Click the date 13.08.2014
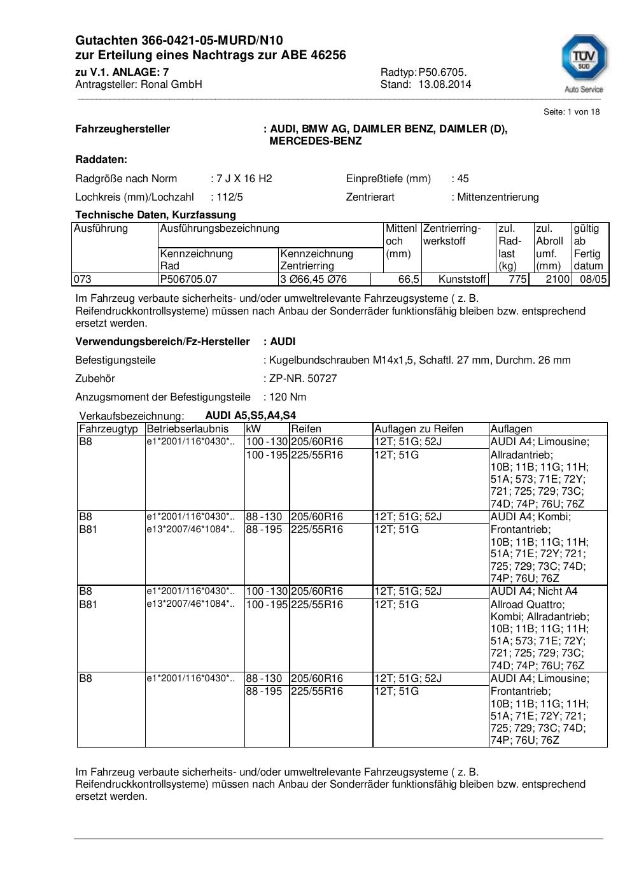tap(445, 84)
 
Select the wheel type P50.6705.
tap(443, 72)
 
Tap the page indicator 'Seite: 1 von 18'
tap(572, 112)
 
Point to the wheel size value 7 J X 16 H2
tap(244, 178)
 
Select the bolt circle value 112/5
tap(230, 197)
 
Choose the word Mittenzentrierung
tap(498, 197)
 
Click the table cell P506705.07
tap(189, 279)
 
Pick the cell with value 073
tap(83, 279)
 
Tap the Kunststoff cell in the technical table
tap(462, 279)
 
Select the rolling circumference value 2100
tap(558, 279)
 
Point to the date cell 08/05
tap(593, 279)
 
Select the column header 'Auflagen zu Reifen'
tap(419, 429)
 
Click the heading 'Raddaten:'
tap(101, 159)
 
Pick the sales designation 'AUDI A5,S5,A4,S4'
tap(250, 415)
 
